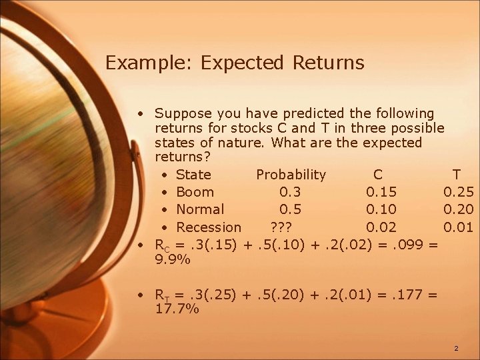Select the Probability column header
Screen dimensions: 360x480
[291, 175]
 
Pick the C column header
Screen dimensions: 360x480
[378, 175]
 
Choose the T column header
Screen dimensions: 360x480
[456, 175]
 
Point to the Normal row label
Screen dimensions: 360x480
[200, 209]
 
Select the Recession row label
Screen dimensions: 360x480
[209, 227]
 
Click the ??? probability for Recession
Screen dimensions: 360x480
[280, 227]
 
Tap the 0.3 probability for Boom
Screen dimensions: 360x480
[290, 192]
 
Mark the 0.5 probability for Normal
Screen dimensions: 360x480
[290, 209]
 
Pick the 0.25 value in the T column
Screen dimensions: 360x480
[459, 192]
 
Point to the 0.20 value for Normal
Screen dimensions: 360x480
[459, 209]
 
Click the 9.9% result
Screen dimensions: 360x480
[172, 261]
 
